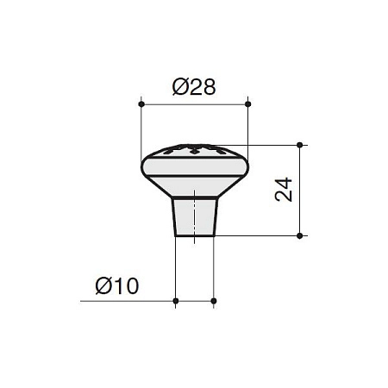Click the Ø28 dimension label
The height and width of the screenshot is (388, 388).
click(194, 87)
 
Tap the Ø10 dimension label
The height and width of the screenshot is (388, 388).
click(117, 286)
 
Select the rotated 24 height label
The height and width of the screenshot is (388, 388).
click(284, 190)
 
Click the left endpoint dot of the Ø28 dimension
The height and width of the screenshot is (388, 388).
click(141, 104)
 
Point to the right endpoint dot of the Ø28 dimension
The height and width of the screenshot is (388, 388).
click(248, 104)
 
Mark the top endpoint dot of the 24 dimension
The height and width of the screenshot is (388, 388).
click(300, 145)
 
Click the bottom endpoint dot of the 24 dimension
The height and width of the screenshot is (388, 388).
click(300, 236)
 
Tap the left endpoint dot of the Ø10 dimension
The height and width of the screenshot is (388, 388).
click(176, 301)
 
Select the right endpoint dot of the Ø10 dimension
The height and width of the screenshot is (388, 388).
click(214, 301)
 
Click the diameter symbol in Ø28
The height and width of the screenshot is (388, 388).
click(180, 87)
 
